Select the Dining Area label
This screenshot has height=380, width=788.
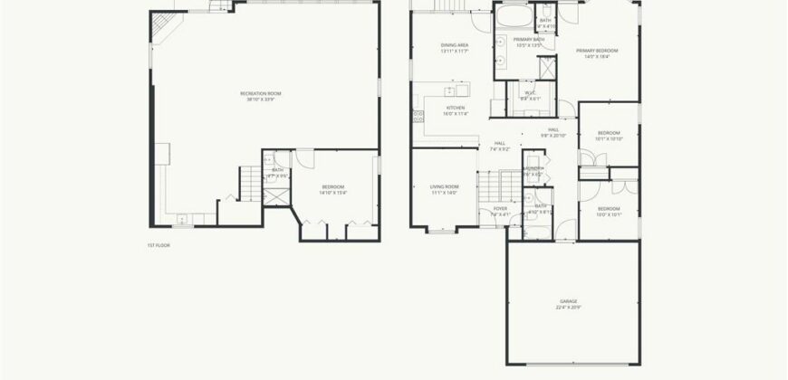[x=454, y=45]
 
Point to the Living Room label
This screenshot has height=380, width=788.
[x=444, y=186]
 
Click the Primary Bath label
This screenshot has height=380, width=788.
[x=528, y=40]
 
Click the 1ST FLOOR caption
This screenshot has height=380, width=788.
[x=159, y=245]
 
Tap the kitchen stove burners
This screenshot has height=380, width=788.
[x=418, y=116]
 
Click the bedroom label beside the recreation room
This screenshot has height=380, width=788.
[x=333, y=187]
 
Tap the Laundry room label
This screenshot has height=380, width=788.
[x=533, y=169]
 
